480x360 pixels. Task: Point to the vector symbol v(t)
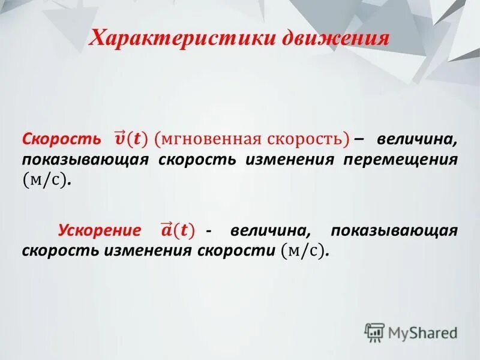click(129, 139)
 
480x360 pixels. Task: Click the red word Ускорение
click(100, 230)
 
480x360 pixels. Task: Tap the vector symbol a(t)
click(177, 230)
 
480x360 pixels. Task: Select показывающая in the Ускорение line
click(394, 230)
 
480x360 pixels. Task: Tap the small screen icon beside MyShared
click(374, 332)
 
